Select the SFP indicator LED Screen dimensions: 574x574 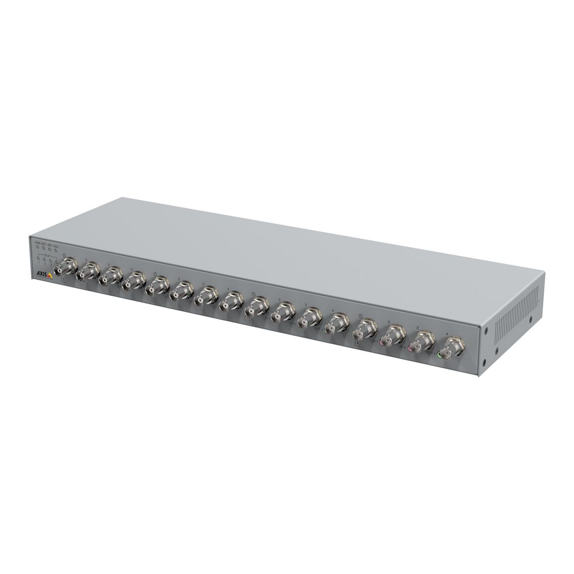pyautogui.click(x=50, y=250)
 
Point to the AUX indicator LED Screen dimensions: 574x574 pyautogui.click(x=56, y=251)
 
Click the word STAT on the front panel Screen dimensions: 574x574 pyautogui.click(x=47, y=255)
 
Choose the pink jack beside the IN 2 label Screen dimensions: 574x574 pyautogui.click(x=410, y=348)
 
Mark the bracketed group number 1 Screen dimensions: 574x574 pyautogui.click(x=64, y=280)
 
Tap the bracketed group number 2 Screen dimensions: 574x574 pyautogui.click(x=154, y=299)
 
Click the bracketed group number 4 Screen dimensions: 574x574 pyautogui.click(x=358, y=342)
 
